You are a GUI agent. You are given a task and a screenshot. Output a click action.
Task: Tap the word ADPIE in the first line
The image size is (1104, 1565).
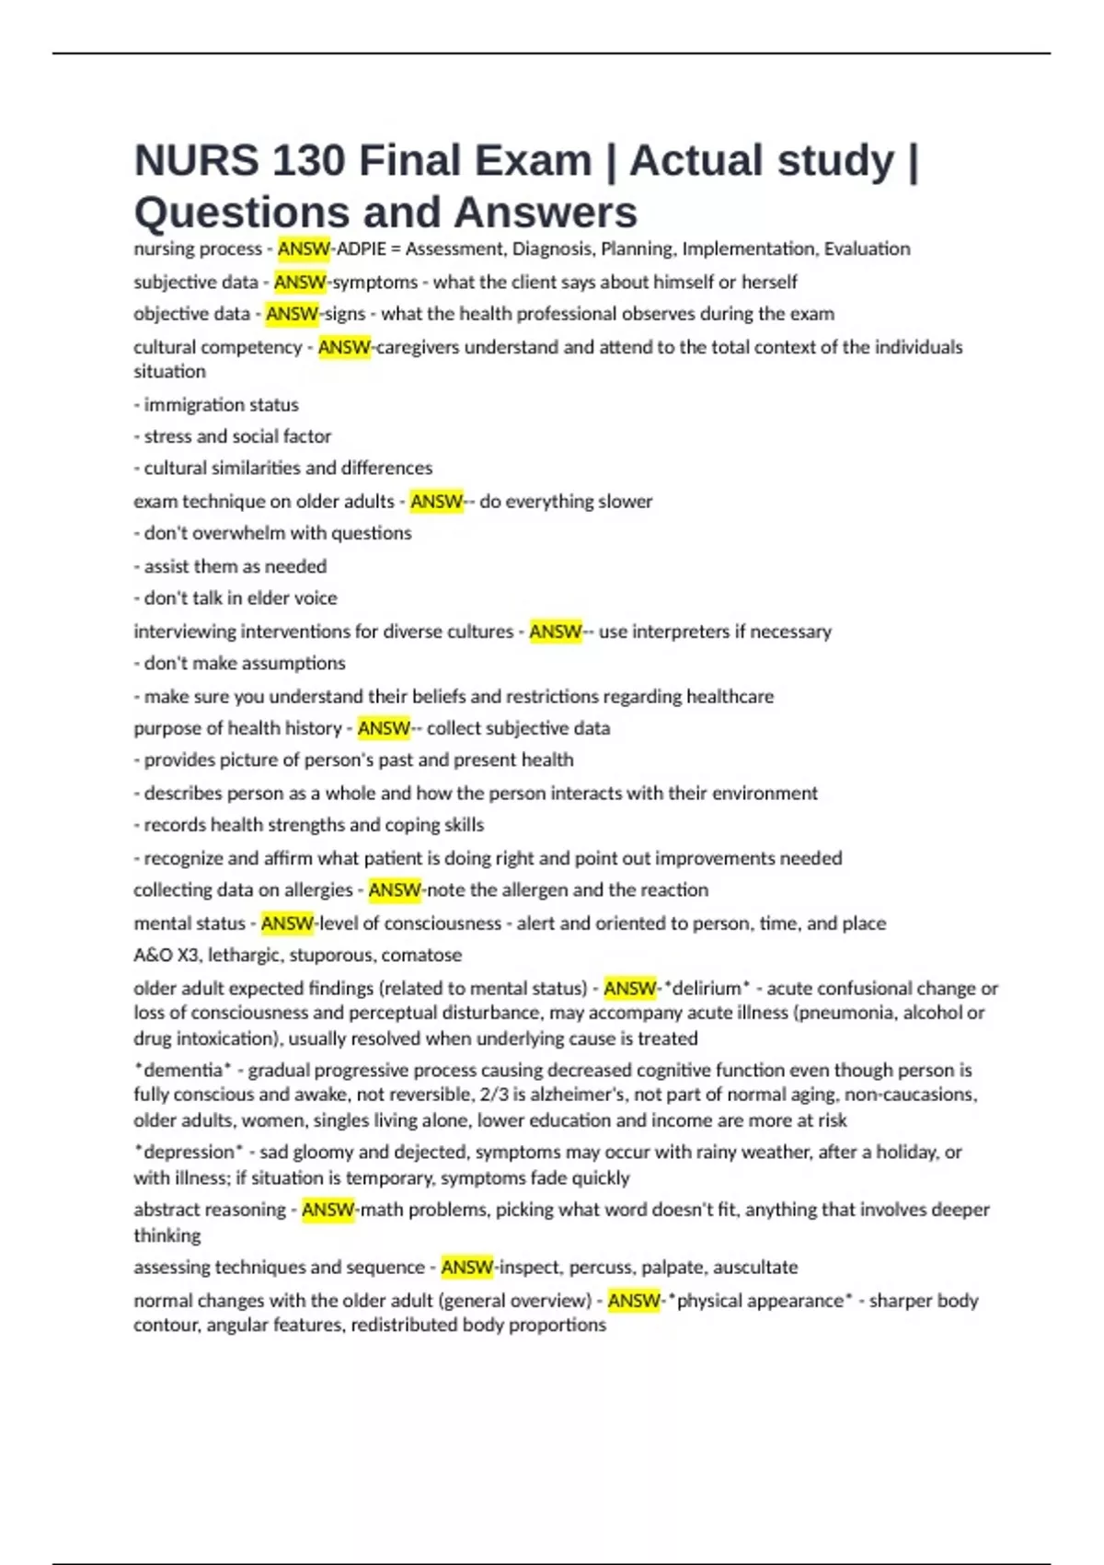[x=362, y=249]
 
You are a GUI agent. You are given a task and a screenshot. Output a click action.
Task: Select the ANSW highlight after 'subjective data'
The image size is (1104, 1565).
[x=300, y=282]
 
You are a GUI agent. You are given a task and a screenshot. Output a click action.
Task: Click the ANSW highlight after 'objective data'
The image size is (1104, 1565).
[x=292, y=314]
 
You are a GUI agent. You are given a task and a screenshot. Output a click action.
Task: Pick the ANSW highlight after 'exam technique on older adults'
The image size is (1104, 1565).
[x=436, y=502]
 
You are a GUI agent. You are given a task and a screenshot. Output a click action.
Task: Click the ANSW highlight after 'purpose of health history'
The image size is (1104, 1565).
[x=384, y=728]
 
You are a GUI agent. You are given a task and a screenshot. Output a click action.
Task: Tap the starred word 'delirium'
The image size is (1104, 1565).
[x=707, y=989]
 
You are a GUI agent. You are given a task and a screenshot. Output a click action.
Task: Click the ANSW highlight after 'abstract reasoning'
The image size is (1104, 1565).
[x=328, y=1210]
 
